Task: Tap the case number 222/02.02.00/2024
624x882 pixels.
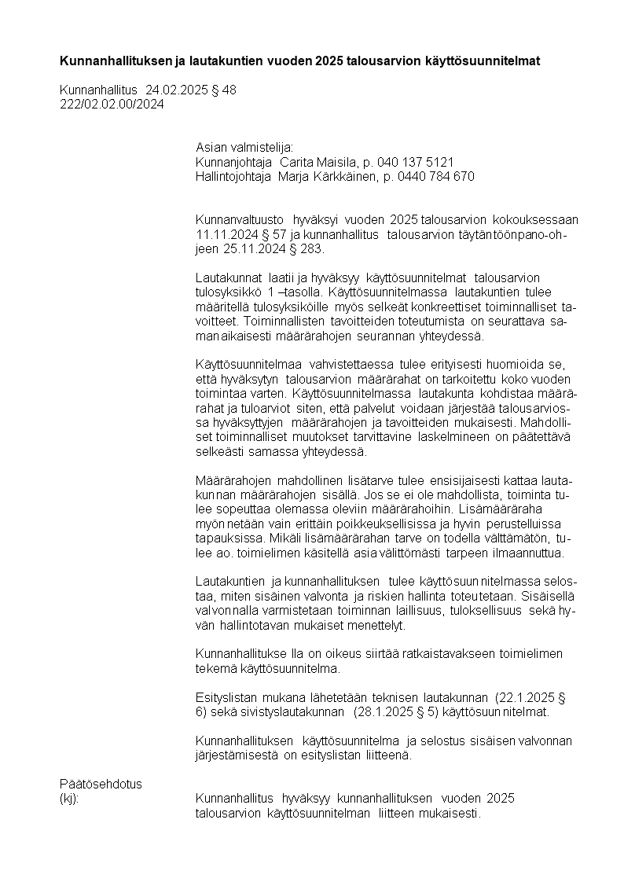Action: click(112, 105)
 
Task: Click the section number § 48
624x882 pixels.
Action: click(223, 90)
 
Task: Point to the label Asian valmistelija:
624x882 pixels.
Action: click(244, 147)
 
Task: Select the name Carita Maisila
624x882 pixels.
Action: click(313, 162)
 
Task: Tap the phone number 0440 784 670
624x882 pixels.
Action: click(436, 177)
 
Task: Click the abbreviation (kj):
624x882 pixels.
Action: click(70, 799)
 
